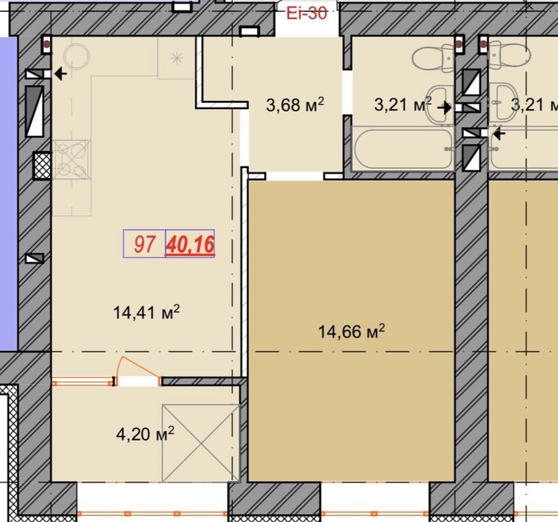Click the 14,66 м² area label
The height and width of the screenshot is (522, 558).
tap(351, 332)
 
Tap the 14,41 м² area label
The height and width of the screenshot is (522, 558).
tap(146, 312)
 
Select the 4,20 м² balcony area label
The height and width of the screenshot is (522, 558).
tap(145, 434)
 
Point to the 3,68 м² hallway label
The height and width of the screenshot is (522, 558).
tap(295, 105)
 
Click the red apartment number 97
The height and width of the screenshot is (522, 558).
tap(144, 244)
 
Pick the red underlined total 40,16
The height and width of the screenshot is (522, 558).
tap(190, 245)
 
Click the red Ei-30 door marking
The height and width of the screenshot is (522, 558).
tap(307, 13)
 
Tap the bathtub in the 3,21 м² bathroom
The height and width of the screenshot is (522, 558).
tap(403, 149)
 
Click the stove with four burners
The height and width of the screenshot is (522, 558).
tap(72, 159)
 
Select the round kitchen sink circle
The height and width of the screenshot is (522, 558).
tap(76, 56)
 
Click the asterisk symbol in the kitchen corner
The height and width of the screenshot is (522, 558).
tap(177, 58)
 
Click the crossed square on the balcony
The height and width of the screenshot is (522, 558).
tap(200, 443)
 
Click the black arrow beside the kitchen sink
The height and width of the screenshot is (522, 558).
tap(61, 74)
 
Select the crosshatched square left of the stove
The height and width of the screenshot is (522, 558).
tap(43, 166)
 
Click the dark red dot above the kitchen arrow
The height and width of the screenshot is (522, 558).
tap(46, 45)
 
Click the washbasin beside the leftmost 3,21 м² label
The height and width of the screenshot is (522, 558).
tap(439, 105)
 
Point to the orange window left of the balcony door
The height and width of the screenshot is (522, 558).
tap(83, 383)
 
